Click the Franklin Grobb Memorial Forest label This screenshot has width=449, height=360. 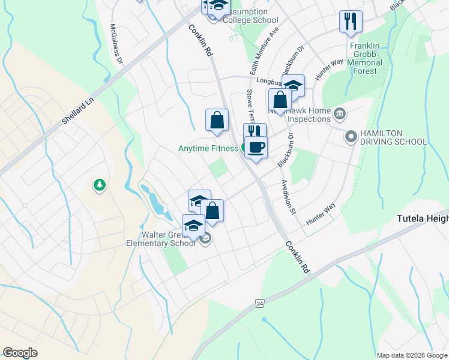pyautogui.click(x=365, y=58)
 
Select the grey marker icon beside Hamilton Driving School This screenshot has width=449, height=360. pyautogui.click(x=351, y=137)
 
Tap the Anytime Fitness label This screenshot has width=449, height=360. pyautogui.click(x=208, y=148)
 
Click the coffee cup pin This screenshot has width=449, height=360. pyautogui.click(x=256, y=148)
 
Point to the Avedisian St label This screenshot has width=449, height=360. pyautogui.click(x=288, y=197)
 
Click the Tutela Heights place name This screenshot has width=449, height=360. pyautogui.click(x=423, y=219)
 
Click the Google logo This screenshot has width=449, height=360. pyautogui.click(x=20, y=353)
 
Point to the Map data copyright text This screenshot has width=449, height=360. pyautogui.click(x=412, y=355)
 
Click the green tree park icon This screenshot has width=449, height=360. pyautogui.click(x=99, y=185)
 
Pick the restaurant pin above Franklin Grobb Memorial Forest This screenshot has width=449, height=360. pyautogui.click(x=350, y=22)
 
